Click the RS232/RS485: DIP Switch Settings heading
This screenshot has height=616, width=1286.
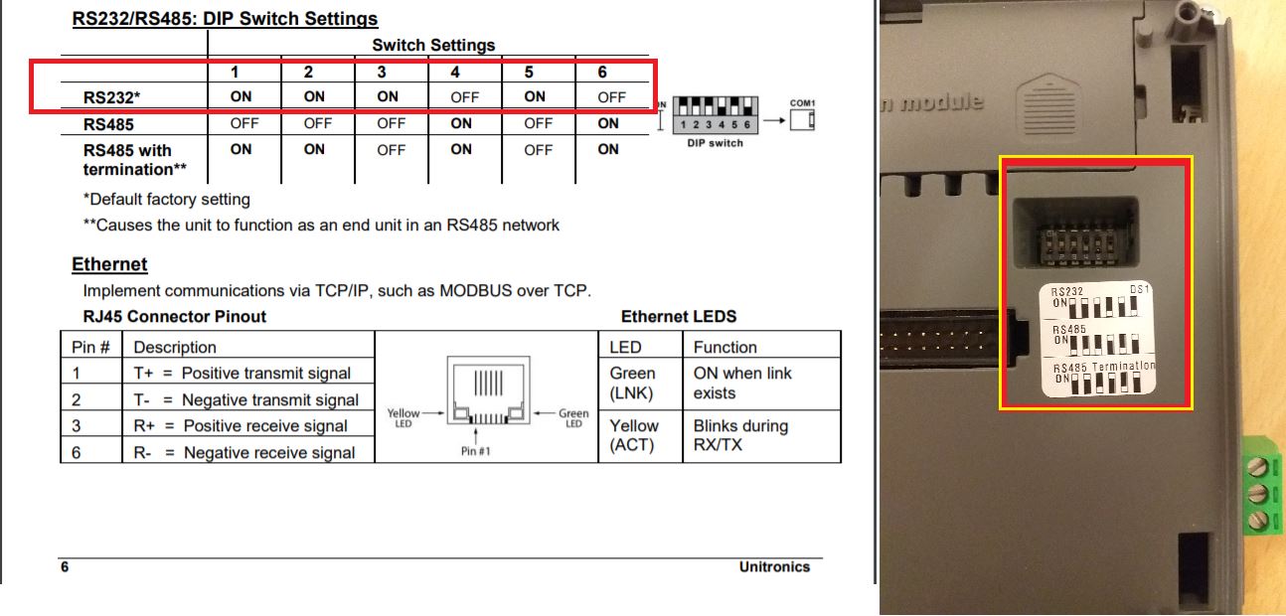click(225, 18)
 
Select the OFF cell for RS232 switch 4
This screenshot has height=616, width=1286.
click(464, 97)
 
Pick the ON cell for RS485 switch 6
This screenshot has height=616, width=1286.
click(608, 123)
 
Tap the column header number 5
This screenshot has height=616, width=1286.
click(529, 72)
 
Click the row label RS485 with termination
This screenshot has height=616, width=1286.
click(135, 160)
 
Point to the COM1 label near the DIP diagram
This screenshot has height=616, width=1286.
click(802, 102)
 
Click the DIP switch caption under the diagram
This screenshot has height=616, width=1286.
click(715, 143)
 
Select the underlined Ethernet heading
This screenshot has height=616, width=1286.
click(109, 264)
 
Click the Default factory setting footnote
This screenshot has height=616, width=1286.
click(167, 200)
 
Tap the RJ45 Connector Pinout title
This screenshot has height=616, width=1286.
click(175, 316)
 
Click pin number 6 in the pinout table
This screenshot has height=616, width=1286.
click(76, 453)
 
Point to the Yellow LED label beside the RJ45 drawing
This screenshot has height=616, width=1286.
click(403, 417)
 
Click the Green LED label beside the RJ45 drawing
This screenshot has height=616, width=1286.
click(573, 417)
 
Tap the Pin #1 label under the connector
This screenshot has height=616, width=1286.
click(475, 451)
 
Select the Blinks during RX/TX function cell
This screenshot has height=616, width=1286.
click(740, 435)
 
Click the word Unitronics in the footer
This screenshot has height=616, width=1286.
click(774, 566)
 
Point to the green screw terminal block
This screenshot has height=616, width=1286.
click(1263, 494)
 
